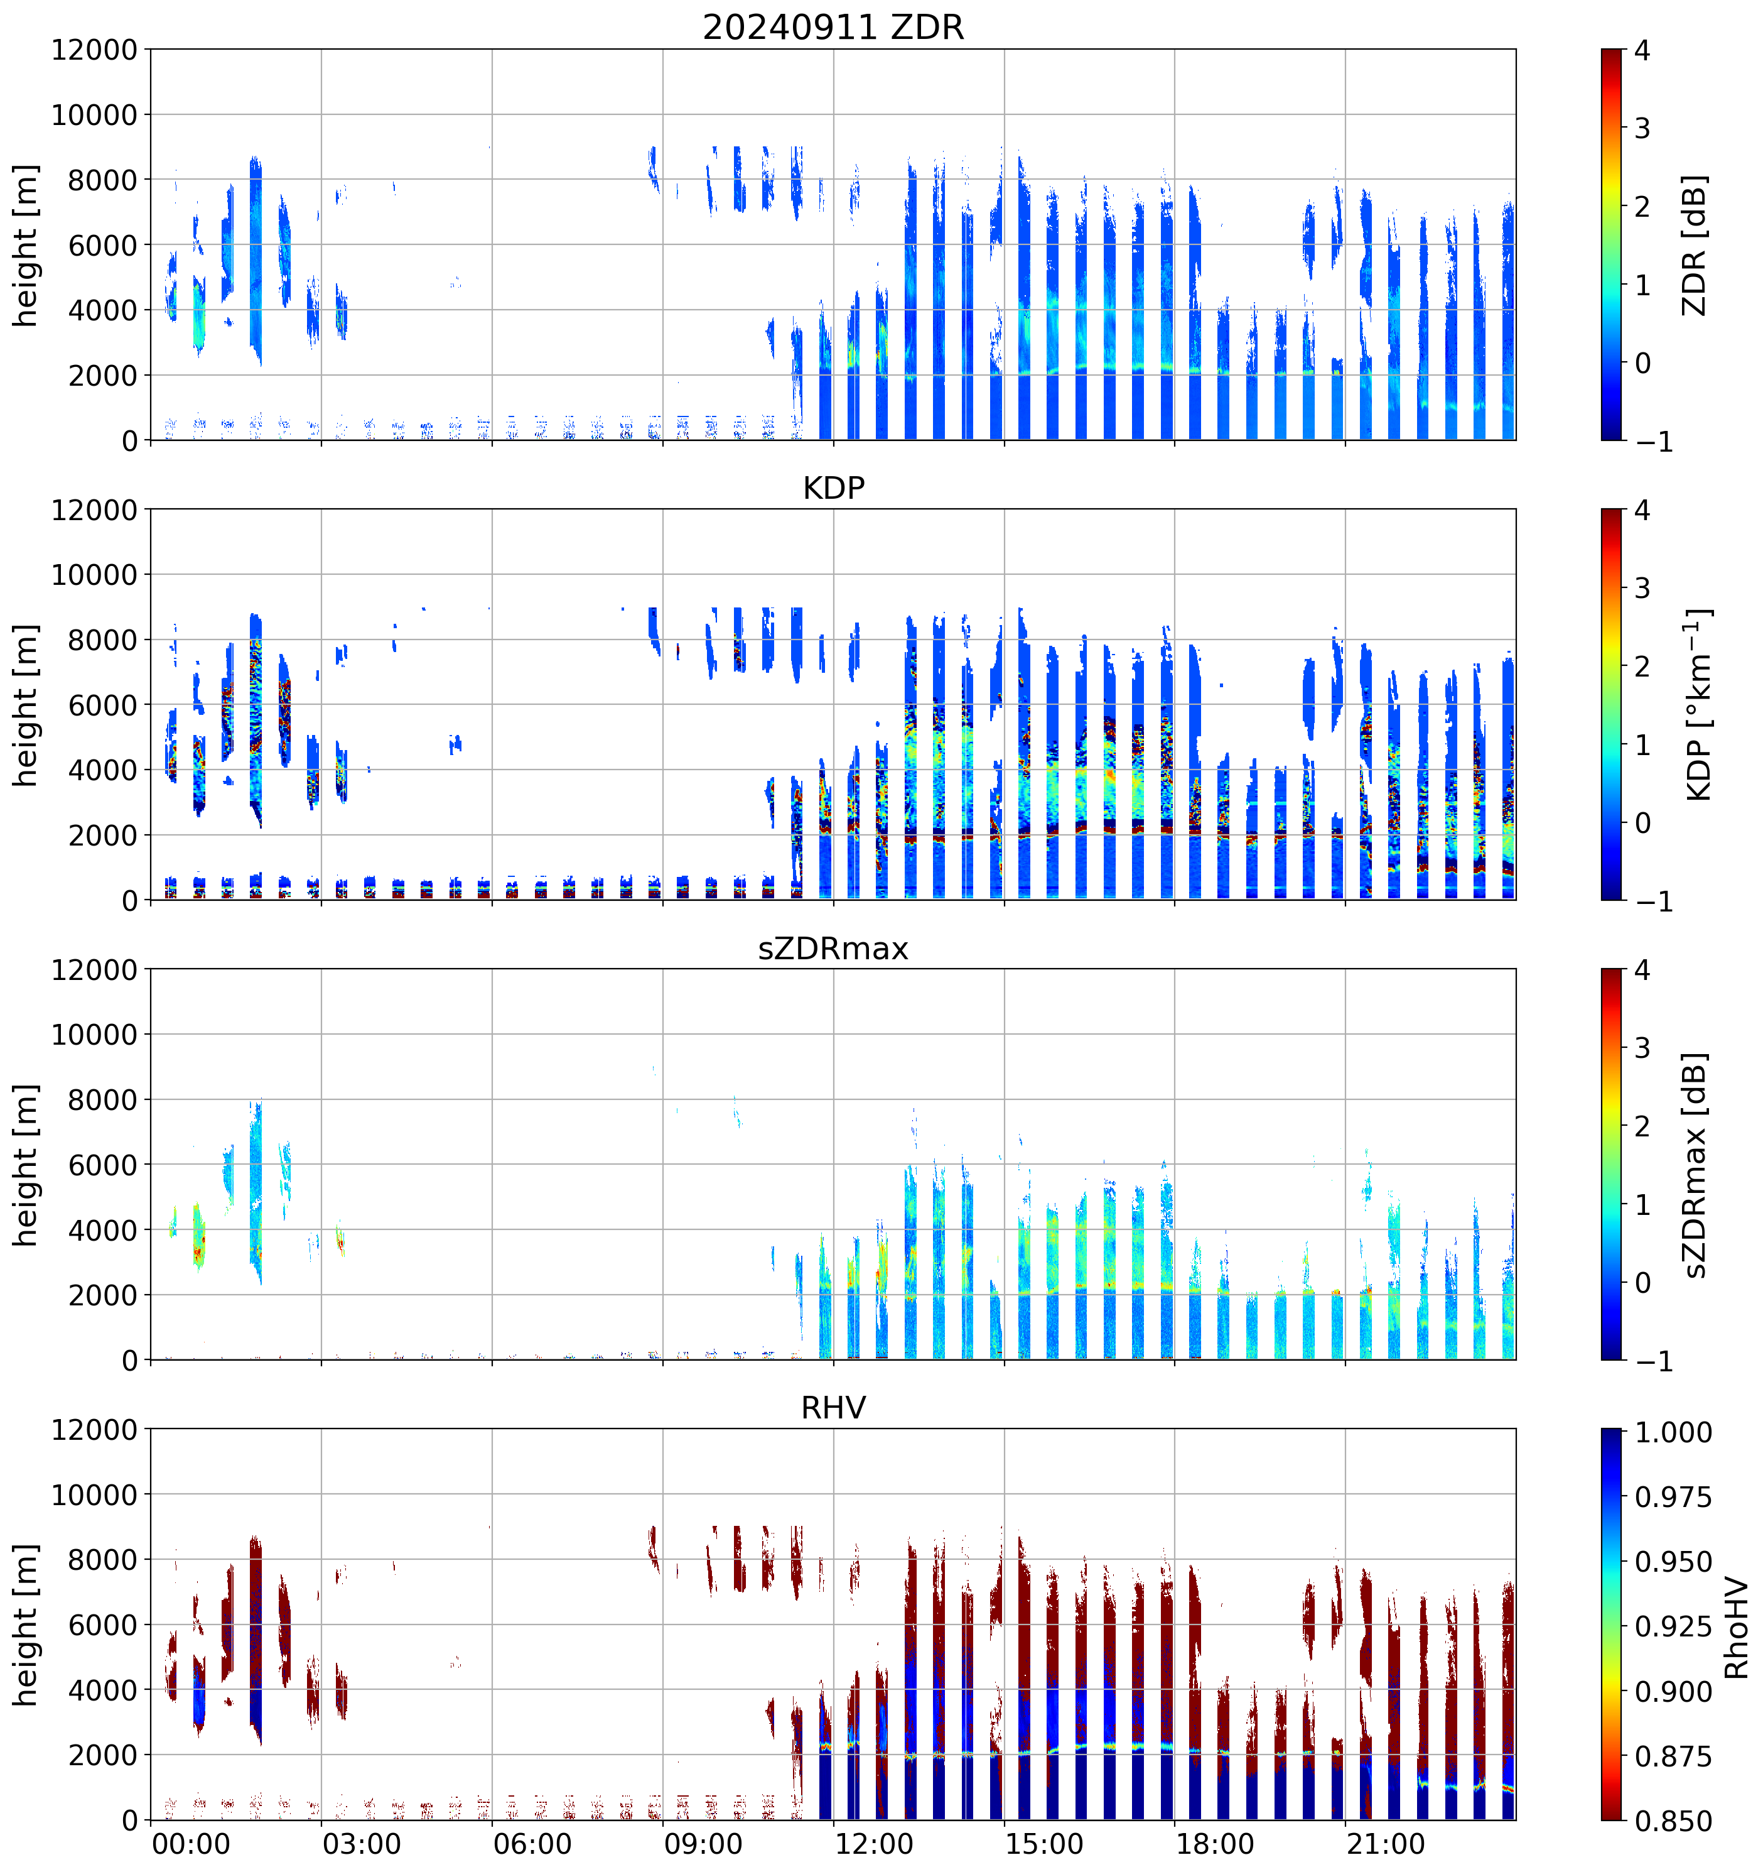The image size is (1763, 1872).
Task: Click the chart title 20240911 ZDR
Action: coord(833,27)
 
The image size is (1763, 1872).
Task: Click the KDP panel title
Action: coord(833,487)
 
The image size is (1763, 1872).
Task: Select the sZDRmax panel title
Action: coord(833,948)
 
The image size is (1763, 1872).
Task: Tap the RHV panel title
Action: coord(833,1408)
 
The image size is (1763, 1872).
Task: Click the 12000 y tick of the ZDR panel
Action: coord(94,50)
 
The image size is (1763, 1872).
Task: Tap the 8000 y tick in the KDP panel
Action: coord(102,640)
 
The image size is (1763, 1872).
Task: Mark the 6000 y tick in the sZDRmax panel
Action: coord(102,1165)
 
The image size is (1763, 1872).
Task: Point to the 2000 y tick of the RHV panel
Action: coord(102,1755)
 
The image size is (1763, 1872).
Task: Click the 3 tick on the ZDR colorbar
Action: coord(1642,128)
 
